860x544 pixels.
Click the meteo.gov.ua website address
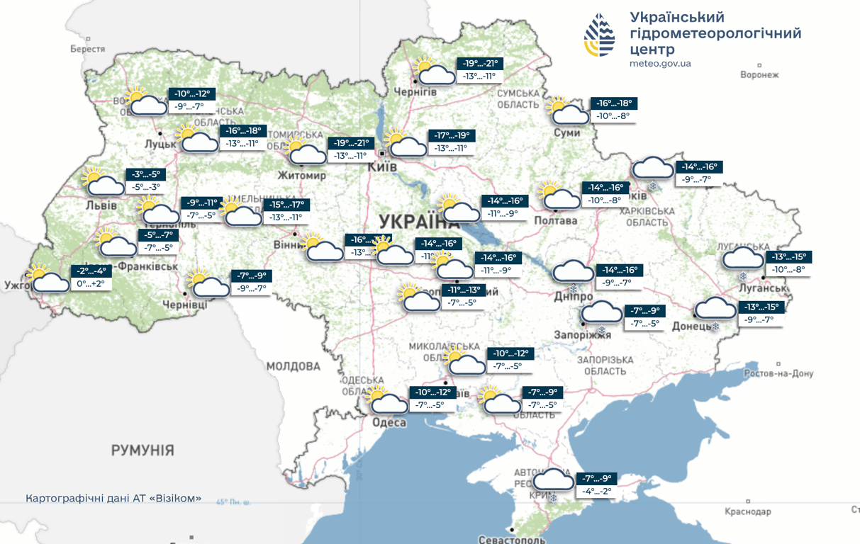coord(659,64)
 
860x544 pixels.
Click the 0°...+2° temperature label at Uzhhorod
coord(91,283)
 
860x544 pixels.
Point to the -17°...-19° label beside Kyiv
coord(452,135)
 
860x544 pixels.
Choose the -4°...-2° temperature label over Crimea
coord(596,491)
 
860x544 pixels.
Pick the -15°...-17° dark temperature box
coord(286,205)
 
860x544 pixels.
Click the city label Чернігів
coord(415,92)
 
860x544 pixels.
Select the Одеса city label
coord(389,423)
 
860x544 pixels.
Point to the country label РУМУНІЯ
coord(142,450)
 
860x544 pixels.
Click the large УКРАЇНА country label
coord(419,220)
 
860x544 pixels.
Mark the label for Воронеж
coord(759,74)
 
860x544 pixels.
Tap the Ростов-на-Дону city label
coord(778,373)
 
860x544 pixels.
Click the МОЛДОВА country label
coord(294,366)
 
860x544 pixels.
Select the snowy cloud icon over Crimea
coord(554,482)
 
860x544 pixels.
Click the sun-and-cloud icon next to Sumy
coord(569,113)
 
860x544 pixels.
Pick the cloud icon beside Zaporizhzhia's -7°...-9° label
coord(601,314)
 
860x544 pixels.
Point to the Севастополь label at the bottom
coord(512,539)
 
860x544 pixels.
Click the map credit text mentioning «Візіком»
coord(113,499)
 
